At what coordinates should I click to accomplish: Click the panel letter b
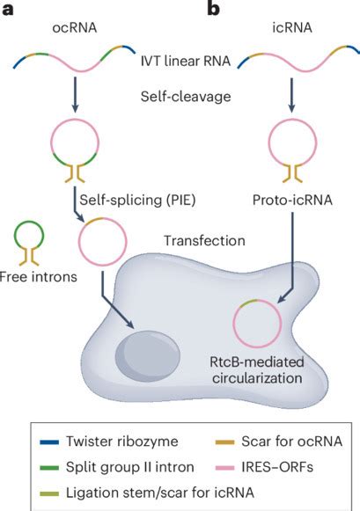[212, 10]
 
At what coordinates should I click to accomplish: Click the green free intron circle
[33, 235]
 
